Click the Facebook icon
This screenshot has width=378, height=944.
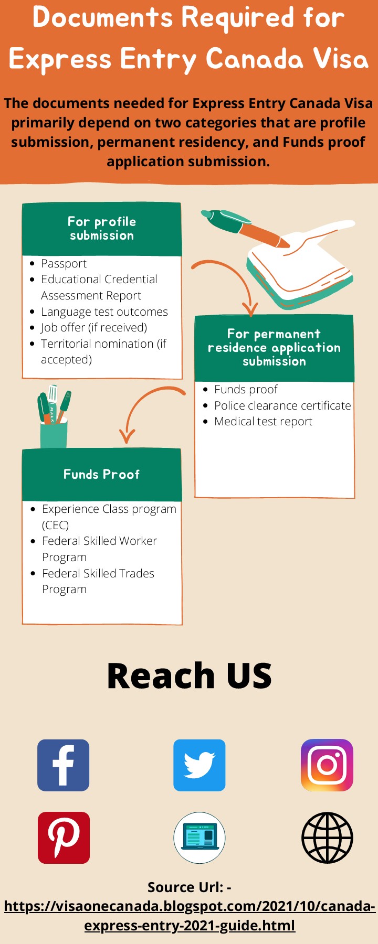[x=63, y=765]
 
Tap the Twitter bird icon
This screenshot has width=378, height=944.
[x=199, y=765]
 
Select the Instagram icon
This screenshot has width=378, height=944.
[x=327, y=765]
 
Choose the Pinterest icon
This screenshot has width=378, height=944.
[x=64, y=838]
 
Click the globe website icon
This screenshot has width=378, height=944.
[x=327, y=838]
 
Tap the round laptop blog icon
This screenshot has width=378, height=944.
[x=199, y=838]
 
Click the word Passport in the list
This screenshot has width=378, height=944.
[x=64, y=263]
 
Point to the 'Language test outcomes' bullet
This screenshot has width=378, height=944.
[x=104, y=312]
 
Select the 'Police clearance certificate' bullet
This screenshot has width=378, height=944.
[x=282, y=405]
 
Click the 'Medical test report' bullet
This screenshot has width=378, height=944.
[x=262, y=422]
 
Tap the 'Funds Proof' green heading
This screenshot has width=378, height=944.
[x=101, y=475]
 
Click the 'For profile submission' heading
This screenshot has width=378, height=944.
[x=102, y=229]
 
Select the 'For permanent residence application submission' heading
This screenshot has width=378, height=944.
[x=274, y=348]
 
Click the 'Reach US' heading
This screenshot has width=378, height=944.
[x=189, y=675]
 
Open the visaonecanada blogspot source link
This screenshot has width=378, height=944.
[x=189, y=915]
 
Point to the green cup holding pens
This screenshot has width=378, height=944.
[x=54, y=433]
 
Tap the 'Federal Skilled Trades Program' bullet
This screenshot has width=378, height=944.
[x=98, y=581]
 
